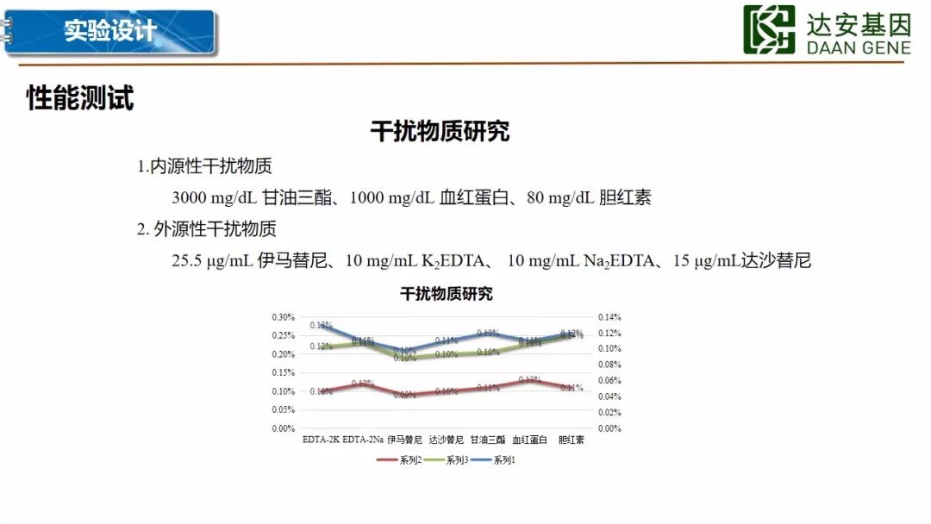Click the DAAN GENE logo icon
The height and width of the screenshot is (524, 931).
point(769,30)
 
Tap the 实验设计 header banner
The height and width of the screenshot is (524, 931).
point(109,32)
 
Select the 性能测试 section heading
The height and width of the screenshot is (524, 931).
point(80,98)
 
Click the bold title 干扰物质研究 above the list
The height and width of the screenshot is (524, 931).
point(440,132)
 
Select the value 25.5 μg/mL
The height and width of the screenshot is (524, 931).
point(211,260)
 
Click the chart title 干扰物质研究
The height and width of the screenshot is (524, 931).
point(446,294)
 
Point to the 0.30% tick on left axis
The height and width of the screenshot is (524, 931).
point(284,317)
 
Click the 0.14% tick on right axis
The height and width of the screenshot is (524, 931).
point(609,317)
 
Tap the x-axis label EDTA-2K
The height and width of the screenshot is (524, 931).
point(321,440)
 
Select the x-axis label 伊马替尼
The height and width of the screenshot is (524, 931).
point(404,440)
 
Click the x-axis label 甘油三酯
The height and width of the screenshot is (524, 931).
point(488,440)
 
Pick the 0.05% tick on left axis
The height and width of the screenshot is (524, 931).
point(284,409)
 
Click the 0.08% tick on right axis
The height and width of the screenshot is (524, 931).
point(609,365)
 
